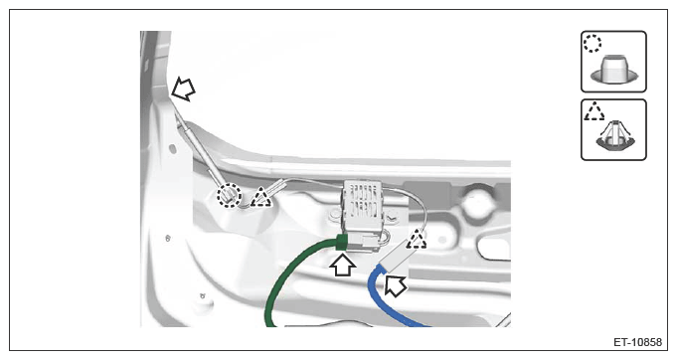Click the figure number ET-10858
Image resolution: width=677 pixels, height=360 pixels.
tap(637, 342)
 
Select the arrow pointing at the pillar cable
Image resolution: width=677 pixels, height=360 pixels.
tap(184, 90)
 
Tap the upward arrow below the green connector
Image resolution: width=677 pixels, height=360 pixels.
tap(343, 266)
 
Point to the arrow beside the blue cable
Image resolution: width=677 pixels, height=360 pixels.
tap(395, 285)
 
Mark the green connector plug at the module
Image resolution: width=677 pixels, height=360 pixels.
tap(342, 243)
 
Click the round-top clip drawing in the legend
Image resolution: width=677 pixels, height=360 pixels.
tap(614, 71)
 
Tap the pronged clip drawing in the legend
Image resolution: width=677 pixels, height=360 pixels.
tap(614, 136)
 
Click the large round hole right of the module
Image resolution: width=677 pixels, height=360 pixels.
tap(478, 200)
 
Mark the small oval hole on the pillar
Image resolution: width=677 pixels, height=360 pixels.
tap(173, 149)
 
